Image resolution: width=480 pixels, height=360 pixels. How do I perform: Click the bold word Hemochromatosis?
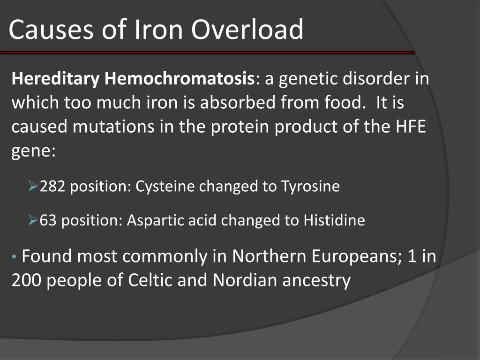tap(179, 79)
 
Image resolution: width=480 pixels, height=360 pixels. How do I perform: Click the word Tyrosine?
tap(310, 187)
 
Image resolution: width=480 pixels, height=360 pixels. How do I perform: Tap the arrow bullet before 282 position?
tap(33, 187)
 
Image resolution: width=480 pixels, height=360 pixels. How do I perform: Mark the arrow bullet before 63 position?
tap(33, 220)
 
